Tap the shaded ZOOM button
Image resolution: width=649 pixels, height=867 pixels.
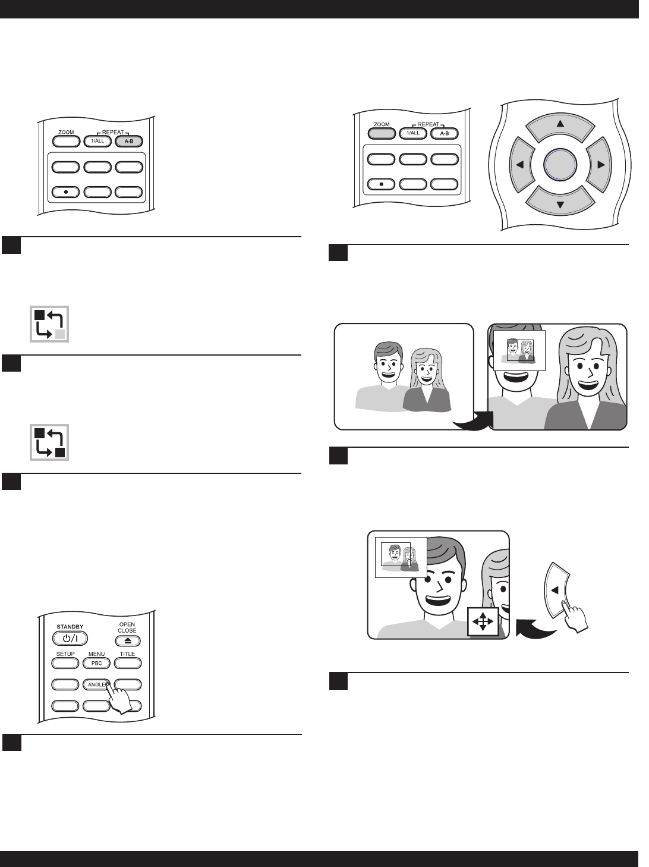pos(382,133)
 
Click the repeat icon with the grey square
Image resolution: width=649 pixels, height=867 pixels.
pos(50,324)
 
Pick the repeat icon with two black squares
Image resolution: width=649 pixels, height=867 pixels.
pos(50,442)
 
